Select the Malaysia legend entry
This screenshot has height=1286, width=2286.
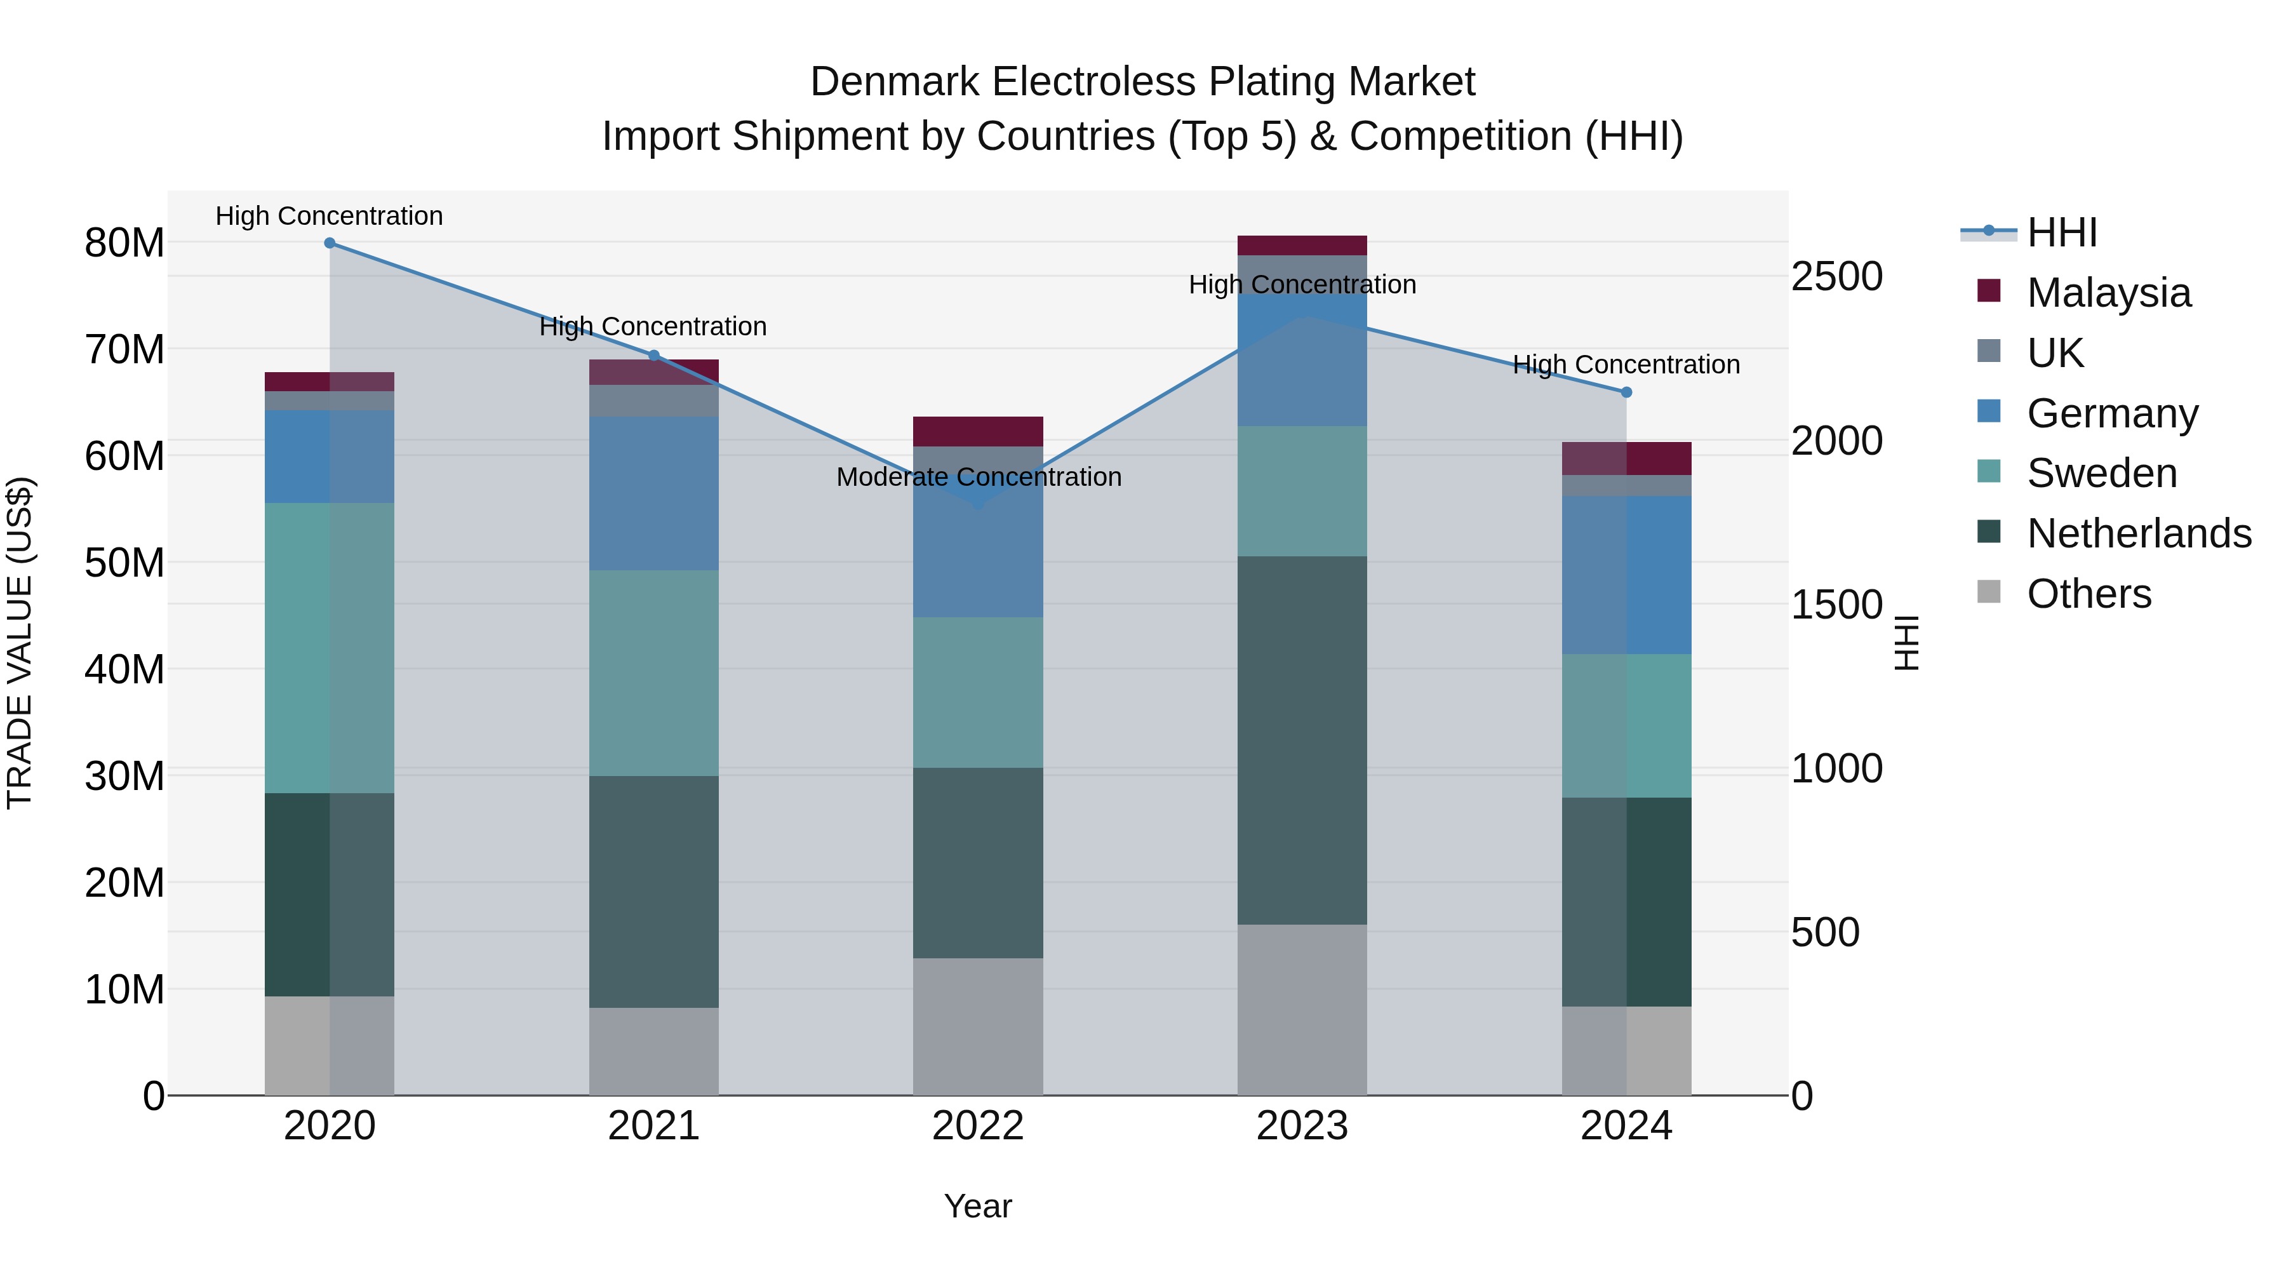[x=2108, y=293]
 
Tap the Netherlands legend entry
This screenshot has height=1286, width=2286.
[x=2139, y=533]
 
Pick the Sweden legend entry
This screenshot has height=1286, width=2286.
[x=2101, y=473]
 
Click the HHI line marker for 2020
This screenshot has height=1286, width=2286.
[x=329, y=243]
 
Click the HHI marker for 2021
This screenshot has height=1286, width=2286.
[x=654, y=356]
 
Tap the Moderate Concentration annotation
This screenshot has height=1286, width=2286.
[x=978, y=478]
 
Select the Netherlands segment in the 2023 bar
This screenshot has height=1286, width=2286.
[x=1302, y=741]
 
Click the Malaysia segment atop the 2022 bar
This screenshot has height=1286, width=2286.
[x=978, y=431]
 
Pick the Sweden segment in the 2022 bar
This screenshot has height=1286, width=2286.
[x=978, y=692]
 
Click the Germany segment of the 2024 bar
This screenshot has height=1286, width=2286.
[x=1626, y=575]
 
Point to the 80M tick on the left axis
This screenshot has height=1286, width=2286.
[x=124, y=243]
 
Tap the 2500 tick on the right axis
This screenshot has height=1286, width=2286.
[x=1836, y=277]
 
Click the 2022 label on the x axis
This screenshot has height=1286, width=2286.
[x=978, y=1126]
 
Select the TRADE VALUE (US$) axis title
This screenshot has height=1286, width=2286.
[x=20, y=643]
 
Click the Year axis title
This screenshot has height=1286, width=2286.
[x=978, y=1206]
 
